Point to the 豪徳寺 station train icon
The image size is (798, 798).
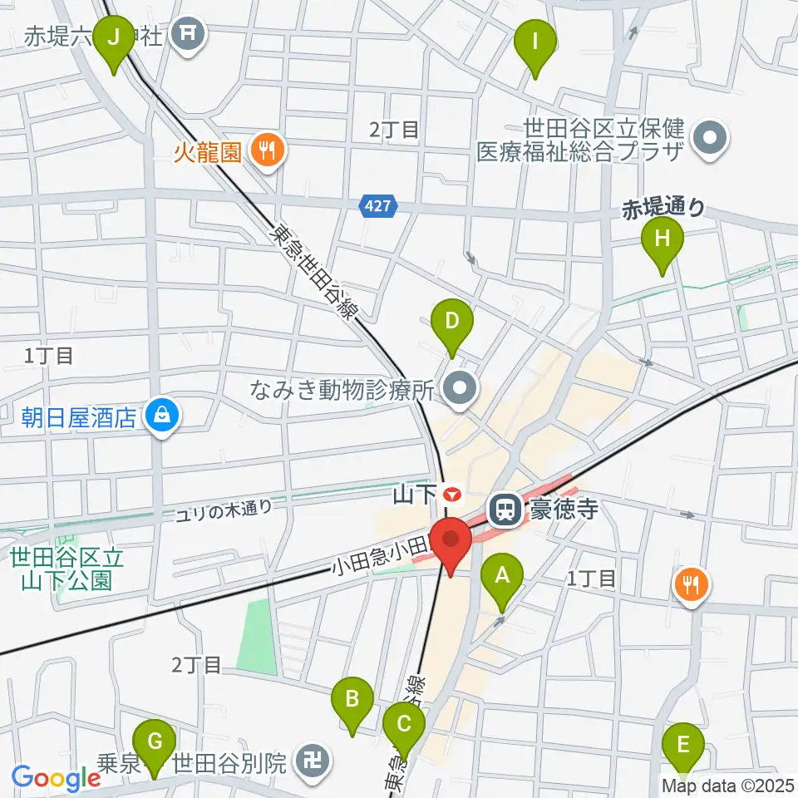(x=503, y=509)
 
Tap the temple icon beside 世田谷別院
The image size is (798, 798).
(x=313, y=761)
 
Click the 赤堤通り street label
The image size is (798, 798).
(x=663, y=208)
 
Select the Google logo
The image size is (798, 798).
(x=56, y=777)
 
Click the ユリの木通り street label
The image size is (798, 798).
(x=224, y=509)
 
